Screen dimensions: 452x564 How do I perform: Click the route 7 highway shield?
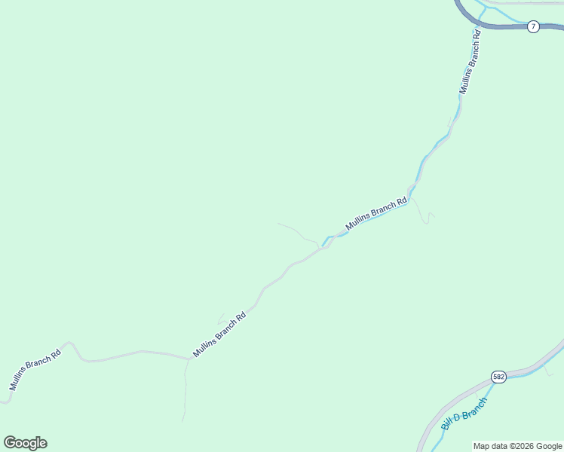[x=533, y=26]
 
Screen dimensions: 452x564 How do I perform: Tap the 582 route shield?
[x=498, y=377]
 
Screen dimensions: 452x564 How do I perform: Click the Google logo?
[x=25, y=443]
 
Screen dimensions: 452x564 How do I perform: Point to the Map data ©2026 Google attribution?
[x=517, y=446]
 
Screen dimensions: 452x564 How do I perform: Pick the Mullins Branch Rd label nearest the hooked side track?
[x=376, y=214]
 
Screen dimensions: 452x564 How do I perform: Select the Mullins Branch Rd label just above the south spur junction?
[x=219, y=334]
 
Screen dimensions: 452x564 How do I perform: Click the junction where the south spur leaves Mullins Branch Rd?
[x=187, y=359]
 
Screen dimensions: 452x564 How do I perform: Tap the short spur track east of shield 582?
[x=548, y=371]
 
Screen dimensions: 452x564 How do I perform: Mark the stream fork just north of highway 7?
[x=483, y=8]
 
